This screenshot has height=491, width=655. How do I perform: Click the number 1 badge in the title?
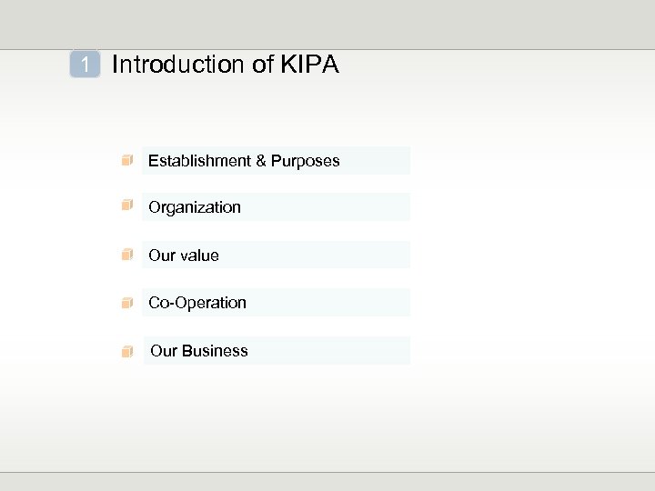coord(85,65)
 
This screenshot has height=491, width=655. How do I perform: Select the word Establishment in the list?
coord(199,161)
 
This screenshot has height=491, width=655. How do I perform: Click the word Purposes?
coord(305,161)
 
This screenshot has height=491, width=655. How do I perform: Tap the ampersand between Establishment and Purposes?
coord(261,161)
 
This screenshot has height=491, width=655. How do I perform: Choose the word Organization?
coord(195,207)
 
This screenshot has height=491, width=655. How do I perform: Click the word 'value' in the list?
coord(199,256)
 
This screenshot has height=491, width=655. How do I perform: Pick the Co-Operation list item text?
coord(197,303)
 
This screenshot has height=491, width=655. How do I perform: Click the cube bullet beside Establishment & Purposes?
coord(128,161)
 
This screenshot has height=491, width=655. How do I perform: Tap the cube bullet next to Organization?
coord(128,206)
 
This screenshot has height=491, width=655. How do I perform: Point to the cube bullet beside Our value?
coord(128,255)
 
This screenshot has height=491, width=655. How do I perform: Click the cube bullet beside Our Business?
coord(128,351)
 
